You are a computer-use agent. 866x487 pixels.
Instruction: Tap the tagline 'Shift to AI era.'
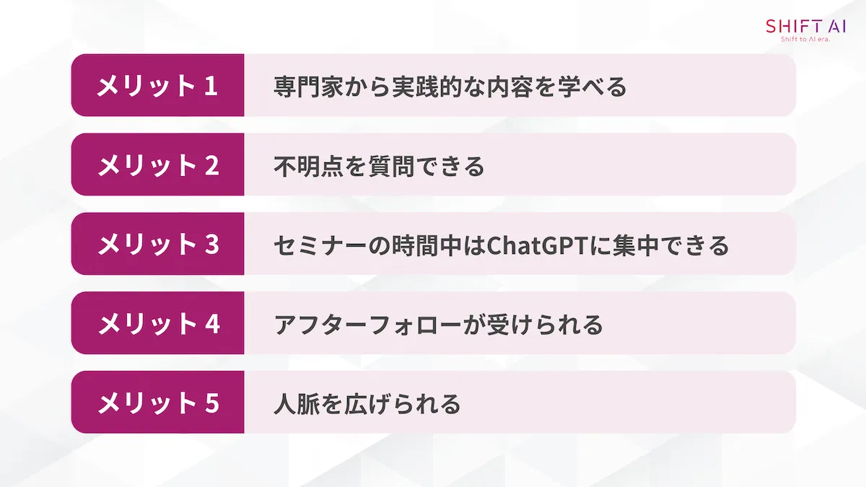[806, 40]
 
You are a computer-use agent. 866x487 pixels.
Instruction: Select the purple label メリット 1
[157, 86]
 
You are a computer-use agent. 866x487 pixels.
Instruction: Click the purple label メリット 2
[157, 165]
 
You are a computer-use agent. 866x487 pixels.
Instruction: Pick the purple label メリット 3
[157, 245]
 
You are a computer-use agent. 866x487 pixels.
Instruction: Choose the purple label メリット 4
[157, 324]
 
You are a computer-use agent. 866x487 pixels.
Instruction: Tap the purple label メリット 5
[157, 403]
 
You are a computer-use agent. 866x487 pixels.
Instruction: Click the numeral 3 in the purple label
[211, 245]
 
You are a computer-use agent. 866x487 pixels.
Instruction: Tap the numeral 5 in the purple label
[211, 403]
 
